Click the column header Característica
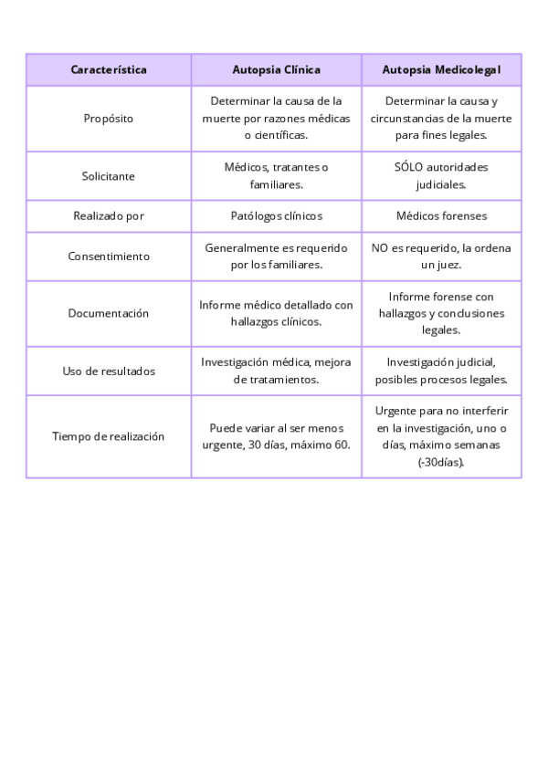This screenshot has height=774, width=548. (109, 69)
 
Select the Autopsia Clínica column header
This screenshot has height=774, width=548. (276, 69)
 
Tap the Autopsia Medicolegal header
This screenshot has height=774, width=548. (441, 69)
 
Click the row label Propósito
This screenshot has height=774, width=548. (109, 118)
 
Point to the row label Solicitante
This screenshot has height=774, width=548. (109, 176)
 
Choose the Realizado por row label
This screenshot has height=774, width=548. (109, 216)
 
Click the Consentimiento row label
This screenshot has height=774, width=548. (109, 256)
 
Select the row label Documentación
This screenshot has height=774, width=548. (109, 313)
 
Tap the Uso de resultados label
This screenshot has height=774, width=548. (109, 371)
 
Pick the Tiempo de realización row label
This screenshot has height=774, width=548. (109, 436)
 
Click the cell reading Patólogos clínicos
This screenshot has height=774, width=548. (276, 216)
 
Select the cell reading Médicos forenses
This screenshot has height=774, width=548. (441, 216)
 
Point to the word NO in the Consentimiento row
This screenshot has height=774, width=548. (380, 248)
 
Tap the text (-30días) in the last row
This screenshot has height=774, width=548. (441, 462)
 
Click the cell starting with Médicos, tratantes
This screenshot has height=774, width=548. (276, 176)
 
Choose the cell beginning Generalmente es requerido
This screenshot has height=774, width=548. (276, 256)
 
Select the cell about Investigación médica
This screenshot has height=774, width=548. (276, 371)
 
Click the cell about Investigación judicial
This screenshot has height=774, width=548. (441, 371)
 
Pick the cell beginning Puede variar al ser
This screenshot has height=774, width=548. (276, 436)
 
